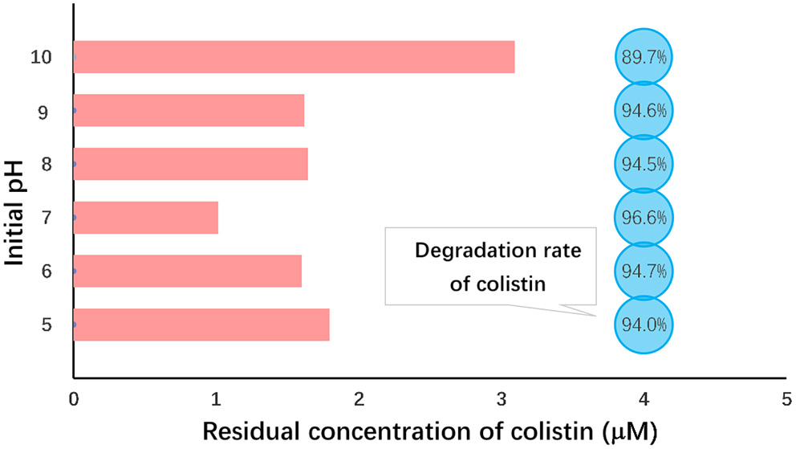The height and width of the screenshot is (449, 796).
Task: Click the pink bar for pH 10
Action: pyautogui.click(x=294, y=57)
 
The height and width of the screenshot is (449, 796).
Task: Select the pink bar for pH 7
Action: pyautogui.click(x=146, y=218)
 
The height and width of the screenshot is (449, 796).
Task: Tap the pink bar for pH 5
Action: pyautogui.click(x=201, y=325)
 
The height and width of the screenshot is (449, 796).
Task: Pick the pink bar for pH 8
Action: pyautogui.click(x=191, y=164)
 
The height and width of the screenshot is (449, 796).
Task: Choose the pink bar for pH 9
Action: pyautogui.click(x=189, y=110)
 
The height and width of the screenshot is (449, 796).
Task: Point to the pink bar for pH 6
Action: pyautogui.click(x=188, y=271)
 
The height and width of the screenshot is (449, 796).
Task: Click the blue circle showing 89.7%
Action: pyautogui.click(x=644, y=57)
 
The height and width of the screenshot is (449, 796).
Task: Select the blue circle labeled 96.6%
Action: pyautogui.click(x=644, y=218)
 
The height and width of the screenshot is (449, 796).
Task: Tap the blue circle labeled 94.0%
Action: pyautogui.click(x=644, y=325)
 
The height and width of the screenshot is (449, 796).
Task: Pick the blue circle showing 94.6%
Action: pyautogui.click(x=644, y=111)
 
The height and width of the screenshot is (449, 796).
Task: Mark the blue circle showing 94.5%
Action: pyautogui.click(x=644, y=164)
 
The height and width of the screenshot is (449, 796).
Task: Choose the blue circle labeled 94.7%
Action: pyautogui.click(x=644, y=271)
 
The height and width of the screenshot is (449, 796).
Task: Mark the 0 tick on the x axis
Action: pyautogui.click(x=74, y=398)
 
